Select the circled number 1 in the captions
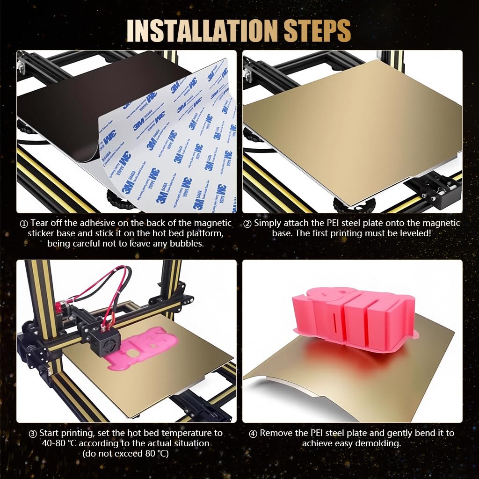point(24,224)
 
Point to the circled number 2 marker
point(247,224)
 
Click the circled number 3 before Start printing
point(33,433)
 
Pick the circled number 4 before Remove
point(254,433)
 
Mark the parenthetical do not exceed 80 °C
point(125,453)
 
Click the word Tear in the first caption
point(40,223)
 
